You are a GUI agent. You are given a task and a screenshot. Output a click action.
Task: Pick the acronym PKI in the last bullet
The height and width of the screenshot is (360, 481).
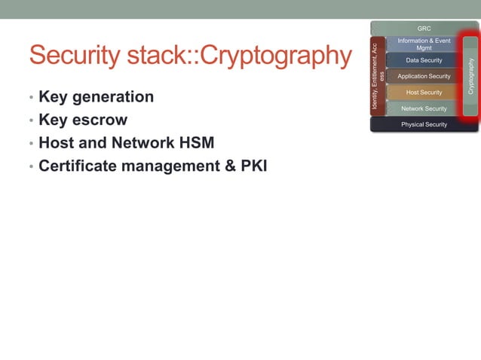[253, 166]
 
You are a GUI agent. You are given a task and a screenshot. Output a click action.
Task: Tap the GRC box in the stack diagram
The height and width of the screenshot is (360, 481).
[424, 29]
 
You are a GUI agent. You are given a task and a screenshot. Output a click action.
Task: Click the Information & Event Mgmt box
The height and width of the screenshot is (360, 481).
[424, 44]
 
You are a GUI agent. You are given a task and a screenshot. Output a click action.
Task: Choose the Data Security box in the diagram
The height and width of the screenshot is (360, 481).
[424, 60]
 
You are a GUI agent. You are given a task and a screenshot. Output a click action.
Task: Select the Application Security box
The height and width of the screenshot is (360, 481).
[424, 76]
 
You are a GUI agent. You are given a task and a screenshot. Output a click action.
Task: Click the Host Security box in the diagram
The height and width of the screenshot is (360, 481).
[424, 93]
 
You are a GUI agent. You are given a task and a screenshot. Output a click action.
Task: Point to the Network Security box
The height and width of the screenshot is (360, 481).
[424, 108]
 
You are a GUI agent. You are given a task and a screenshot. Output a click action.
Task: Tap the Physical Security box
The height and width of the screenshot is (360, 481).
[424, 124]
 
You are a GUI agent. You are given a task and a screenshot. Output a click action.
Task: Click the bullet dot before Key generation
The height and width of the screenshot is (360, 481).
[31, 99]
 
